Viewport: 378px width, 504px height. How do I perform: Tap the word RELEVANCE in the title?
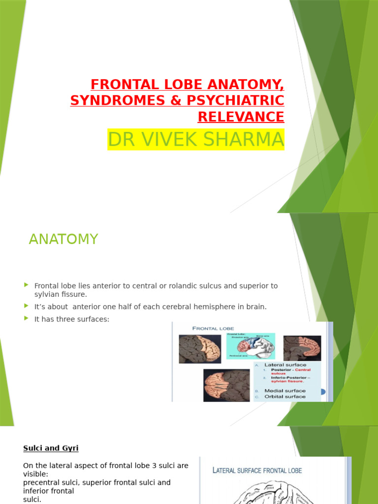pyautogui.click(x=241, y=117)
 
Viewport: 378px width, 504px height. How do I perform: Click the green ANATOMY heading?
pyautogui.click(x=63, y=239)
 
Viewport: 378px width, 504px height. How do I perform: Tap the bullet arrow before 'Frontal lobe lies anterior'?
pyautogui.click(x=26, y=285)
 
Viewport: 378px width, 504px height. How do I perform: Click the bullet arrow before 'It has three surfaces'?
pyautogui.click(x=26, y=318)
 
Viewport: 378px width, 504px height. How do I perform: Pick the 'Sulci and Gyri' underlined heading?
pyautogui.click(x=51, y=448)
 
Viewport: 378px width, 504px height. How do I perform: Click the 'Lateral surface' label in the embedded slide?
pyautogui.click(x=285, y=365)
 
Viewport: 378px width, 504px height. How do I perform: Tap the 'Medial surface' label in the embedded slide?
pyautogui.click(x=284, y=390)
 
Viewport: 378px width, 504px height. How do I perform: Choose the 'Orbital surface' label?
pyautogui.click(x=284, y=396)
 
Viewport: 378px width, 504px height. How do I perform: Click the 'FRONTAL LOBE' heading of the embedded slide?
pyautogui.click(x=213, y=328)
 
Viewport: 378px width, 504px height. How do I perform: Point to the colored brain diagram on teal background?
pyautogui.click(x=251, y=346)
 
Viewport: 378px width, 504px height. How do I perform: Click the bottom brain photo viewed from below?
pyautogui.click(x=226, y=385)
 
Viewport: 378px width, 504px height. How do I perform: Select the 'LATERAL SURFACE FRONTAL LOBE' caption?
pyautogui.click(x=257, y=471)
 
